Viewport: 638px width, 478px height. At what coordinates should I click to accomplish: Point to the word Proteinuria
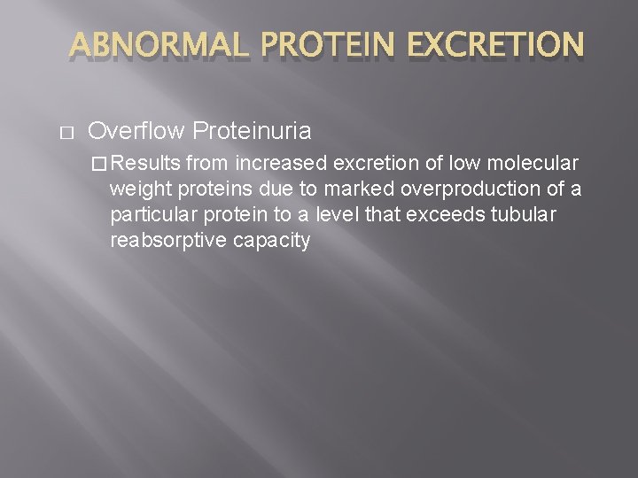coord(252,132)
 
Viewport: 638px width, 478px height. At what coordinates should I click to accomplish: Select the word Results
coord(147,163)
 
